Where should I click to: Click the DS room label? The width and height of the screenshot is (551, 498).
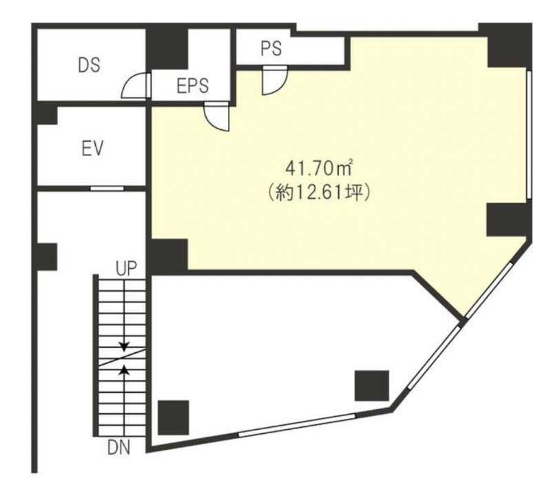point(89,65)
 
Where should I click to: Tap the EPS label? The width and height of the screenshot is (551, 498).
point(193,85)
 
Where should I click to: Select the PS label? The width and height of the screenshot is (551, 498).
point(271,49)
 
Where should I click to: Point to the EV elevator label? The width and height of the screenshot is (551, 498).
point(92,149)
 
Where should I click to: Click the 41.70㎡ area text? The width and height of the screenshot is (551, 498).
point(319,169)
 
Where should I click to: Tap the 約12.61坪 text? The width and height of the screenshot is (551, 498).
point(319,193)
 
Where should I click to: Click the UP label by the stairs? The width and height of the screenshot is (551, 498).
point(126,269)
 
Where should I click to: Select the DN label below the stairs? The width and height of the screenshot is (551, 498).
point(118,448)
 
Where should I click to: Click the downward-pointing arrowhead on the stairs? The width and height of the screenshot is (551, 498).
point(124,346)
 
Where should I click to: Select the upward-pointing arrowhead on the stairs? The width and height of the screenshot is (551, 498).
point(124,369)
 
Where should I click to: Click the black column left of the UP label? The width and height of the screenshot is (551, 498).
point(47,257)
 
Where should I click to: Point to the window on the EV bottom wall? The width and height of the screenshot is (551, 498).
point(107,188)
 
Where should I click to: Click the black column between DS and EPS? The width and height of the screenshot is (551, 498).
point(167,49)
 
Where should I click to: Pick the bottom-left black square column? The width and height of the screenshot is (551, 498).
point(174,418)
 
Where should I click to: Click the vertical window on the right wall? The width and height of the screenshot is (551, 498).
point(529,135)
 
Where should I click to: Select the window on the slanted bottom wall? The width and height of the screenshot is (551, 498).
point(297,425)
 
